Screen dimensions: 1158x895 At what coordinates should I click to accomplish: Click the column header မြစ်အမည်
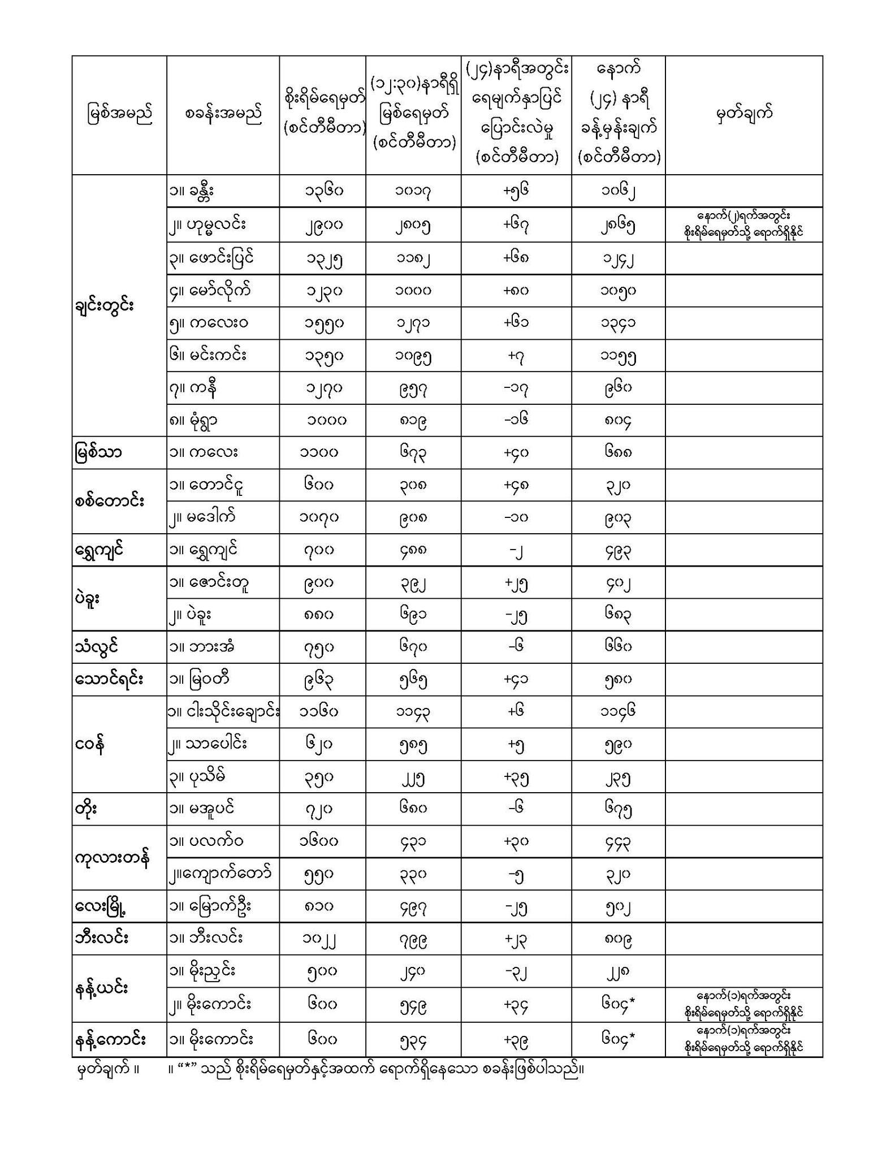[x=119, y=114]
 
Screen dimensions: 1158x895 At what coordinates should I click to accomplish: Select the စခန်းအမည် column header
[x=223, y=114]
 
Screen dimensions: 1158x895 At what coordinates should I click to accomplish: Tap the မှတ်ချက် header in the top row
[x=743, y=114]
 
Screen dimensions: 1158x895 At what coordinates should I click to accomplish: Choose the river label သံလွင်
[x=96, y=646]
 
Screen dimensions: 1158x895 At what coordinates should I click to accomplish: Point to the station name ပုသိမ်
[x=197, y=776]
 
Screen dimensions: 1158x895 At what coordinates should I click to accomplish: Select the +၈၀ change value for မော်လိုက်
[x=516, y=291]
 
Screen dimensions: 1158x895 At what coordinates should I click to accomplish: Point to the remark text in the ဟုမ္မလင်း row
[x=743, y=224]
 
